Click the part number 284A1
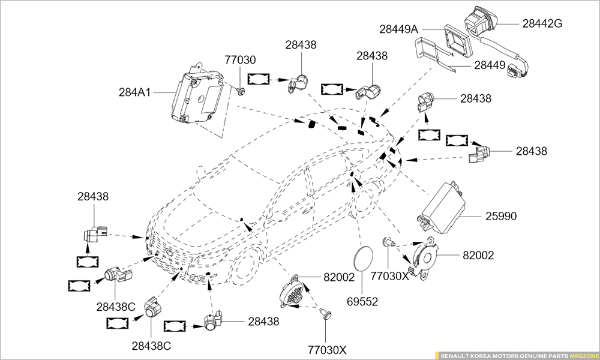tap(135, 92)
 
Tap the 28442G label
tap(542, 23)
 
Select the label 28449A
tap(398, 28)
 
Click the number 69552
tap(362, 301)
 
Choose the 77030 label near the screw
tap(241, 60)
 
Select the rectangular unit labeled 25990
tap(447, 204)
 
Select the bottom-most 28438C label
tap(152, 346)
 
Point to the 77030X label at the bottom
tap(328, 349)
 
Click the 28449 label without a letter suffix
tap(490, 65)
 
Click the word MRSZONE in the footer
tap(583, 355)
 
